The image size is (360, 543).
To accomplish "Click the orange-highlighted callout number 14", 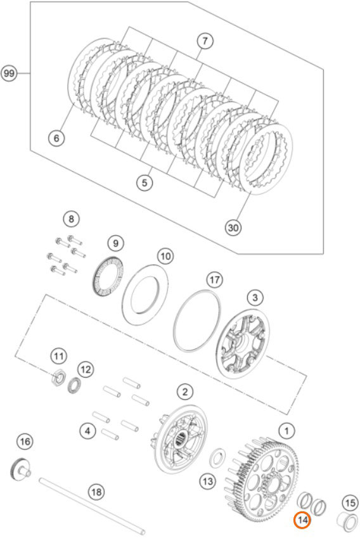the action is pyautogui.click(x=302, y=520).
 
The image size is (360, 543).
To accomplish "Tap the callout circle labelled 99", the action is pyautogui.click(x=10, y=73).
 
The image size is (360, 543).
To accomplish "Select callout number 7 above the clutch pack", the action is pyautogui.click(x=205, y=41).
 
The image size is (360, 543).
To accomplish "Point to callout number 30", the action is pyautogui.click(x=233, y=227).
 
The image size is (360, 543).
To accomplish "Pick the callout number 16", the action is pyautogui.click(x=25, y=442).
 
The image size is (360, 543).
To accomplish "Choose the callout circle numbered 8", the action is pyautogui.click(x=71, y=219).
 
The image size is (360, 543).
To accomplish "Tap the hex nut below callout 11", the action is pyautogui.click(x=58, y=378).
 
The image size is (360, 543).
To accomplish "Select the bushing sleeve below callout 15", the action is pyautogui.click(x=347, y=521).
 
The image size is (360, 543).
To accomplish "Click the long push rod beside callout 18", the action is pyautogui.click(x=92, y=506).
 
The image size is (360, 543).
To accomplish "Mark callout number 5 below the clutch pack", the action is pyautogui.click(x=145, y=182).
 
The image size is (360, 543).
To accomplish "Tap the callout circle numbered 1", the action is pyautogui.click(x=286, y=431).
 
